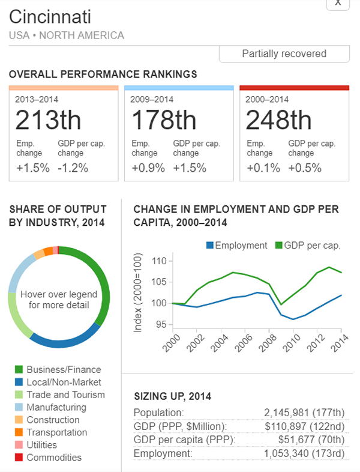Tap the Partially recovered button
click(x=284, y=54)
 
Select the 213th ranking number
click(x=48, y=121)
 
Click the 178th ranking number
click(x=163, y=121)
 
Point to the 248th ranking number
click(x=278, y=121)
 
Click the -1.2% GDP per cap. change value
click(x=73, y=168)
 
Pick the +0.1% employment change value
click(x=263, y=168)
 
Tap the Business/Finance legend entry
click(x=64, y=370)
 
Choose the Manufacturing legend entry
click(x=56, y=407)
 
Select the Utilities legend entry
click(x=41, y=445)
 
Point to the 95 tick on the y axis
click(x=160, y=325)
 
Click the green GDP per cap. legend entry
click(x=308, y=245)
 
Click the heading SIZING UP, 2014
click(x=172, y=396)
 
